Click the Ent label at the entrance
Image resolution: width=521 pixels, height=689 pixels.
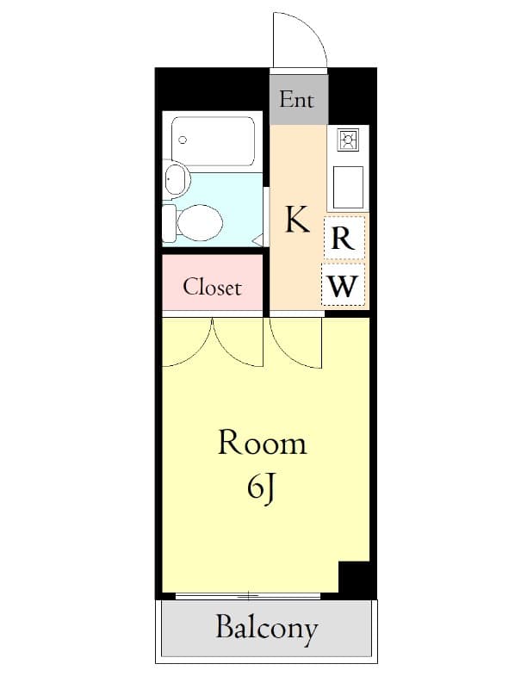(297, 99)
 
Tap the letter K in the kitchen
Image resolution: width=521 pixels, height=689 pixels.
(297, 220)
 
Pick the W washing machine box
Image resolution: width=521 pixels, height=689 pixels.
(343, 286)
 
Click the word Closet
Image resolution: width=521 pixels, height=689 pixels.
(212, 288)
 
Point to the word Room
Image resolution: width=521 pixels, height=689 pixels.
(263, 443)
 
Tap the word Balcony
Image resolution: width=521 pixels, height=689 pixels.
(267, 629)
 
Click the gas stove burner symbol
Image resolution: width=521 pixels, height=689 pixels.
(349, 140)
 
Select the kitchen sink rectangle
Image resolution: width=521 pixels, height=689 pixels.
(348, 187)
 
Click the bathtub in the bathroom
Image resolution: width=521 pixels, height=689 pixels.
(213, 141)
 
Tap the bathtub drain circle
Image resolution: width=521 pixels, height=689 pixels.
(183, 140)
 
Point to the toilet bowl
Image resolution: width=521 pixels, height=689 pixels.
(200, 223)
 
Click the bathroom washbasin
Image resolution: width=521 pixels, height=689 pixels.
(177, 179)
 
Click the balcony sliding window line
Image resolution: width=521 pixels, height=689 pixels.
(248, 596)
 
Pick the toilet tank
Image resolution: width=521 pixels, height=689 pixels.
(169, 223)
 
